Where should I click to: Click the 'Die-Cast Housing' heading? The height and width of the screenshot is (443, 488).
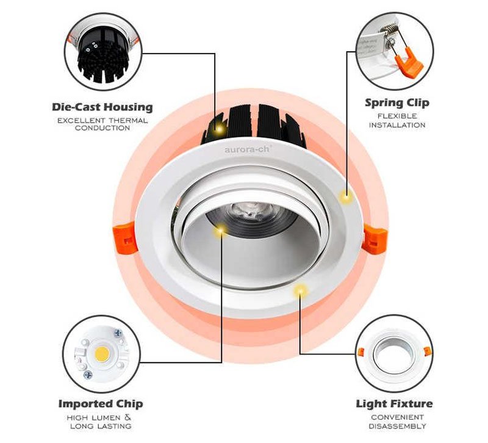tap(102, 107)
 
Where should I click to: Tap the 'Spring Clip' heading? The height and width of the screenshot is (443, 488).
tap(396, 103)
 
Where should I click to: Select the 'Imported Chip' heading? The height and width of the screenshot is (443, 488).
tap(101, 404)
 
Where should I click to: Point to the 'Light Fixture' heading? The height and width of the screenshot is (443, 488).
tap(394, 404)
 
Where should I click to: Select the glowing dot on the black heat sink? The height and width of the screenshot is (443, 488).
tap(216, 128)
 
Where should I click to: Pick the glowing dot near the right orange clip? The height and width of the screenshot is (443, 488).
tap(346, 196)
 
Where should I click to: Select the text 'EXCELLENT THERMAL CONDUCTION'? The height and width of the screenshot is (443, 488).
tap(102, 124)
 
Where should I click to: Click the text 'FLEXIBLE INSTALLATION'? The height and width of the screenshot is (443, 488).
tap(397, 120)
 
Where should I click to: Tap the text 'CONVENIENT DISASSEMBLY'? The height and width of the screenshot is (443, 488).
tap(394, 422)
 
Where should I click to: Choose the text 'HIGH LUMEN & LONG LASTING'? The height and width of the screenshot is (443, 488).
tap(101, 422)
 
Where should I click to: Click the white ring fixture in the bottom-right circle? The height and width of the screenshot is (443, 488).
tap(394, 353)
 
